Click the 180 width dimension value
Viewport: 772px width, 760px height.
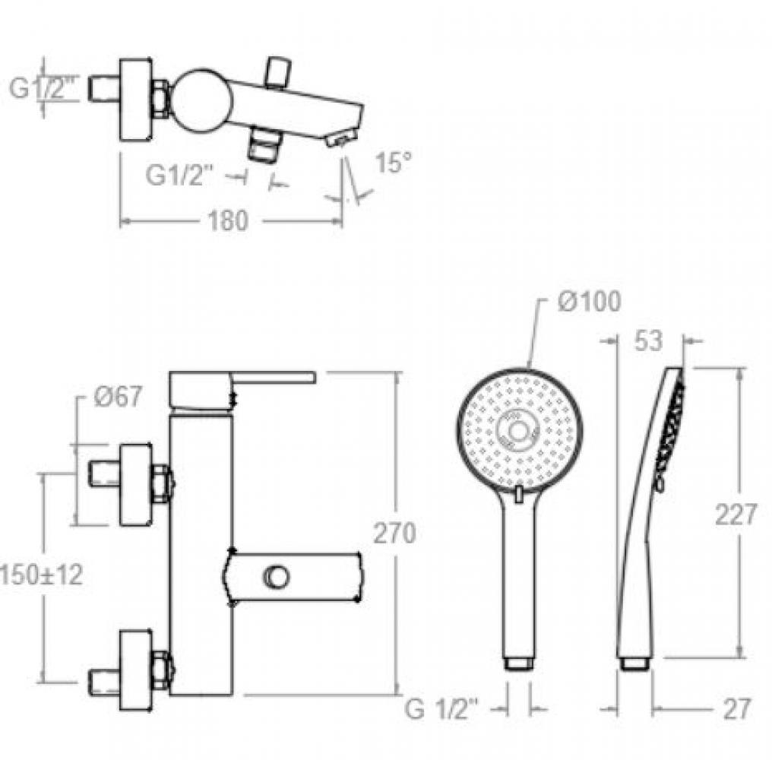[228, 221]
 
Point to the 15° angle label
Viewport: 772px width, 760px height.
[393, 162]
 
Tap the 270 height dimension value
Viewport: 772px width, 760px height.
[394, 534]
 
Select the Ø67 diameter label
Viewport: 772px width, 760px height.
[118, 397]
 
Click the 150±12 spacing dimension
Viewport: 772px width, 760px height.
[41, 575]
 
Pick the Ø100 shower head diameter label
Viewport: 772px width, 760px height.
[590, 301]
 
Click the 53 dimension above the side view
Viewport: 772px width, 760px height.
[648, 340]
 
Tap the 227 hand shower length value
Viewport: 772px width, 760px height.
[735, 515]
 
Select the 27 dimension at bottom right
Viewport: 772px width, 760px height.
[736, 709]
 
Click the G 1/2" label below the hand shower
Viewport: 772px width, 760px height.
[441, 709]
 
